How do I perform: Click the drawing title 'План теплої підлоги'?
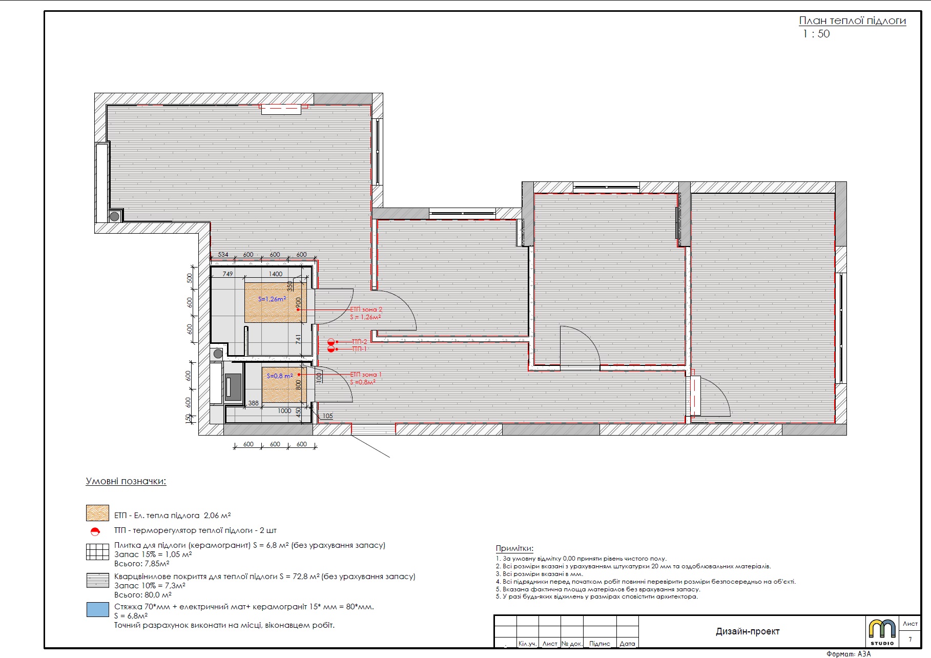pos(852,21)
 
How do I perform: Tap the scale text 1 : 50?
pos(816,34)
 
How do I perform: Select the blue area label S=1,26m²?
pos(272,299)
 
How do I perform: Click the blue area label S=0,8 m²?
pos(280,376)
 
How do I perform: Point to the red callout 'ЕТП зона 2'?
pos(366,310)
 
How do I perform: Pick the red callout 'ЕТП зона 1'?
pos(366,375)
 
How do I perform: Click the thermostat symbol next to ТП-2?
pos(331,342)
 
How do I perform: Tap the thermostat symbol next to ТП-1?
pos(331,349)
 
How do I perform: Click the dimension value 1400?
pos(276,274)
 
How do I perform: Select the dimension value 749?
pos(228,274)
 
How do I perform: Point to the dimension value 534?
pos(223,255)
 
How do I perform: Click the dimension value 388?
pos(254,403)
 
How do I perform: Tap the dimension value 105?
pos(327,416)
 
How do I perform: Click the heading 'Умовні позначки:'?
pos(126,481)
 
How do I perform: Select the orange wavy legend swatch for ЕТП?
pos(97,513)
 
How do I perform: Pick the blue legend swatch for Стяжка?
pos(97,609)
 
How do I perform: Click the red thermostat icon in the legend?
pos(95,531)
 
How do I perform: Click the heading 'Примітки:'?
pos(514,548)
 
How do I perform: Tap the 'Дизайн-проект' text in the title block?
pos(748,631)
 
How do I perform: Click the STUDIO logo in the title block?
pos(882,632)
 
